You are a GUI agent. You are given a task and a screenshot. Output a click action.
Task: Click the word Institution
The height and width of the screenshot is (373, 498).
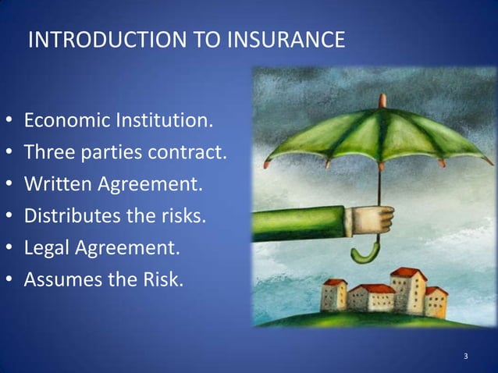tap(164, 123)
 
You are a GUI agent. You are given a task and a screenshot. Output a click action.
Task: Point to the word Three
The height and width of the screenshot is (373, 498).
tap(47, 152)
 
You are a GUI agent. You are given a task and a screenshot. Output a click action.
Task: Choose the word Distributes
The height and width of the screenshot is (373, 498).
tap(69, 215)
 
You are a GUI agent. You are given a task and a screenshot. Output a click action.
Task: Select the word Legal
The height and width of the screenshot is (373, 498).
tap(46, 247)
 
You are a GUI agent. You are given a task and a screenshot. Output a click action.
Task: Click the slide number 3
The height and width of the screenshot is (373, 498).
tap(465, 357)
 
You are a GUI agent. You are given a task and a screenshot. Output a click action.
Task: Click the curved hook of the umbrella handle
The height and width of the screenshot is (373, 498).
tap(365, 252)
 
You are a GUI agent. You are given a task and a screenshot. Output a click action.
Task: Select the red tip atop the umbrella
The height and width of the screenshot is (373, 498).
tap(382, 100)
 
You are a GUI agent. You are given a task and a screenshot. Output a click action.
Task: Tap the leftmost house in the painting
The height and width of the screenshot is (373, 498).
tap(333, 295)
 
